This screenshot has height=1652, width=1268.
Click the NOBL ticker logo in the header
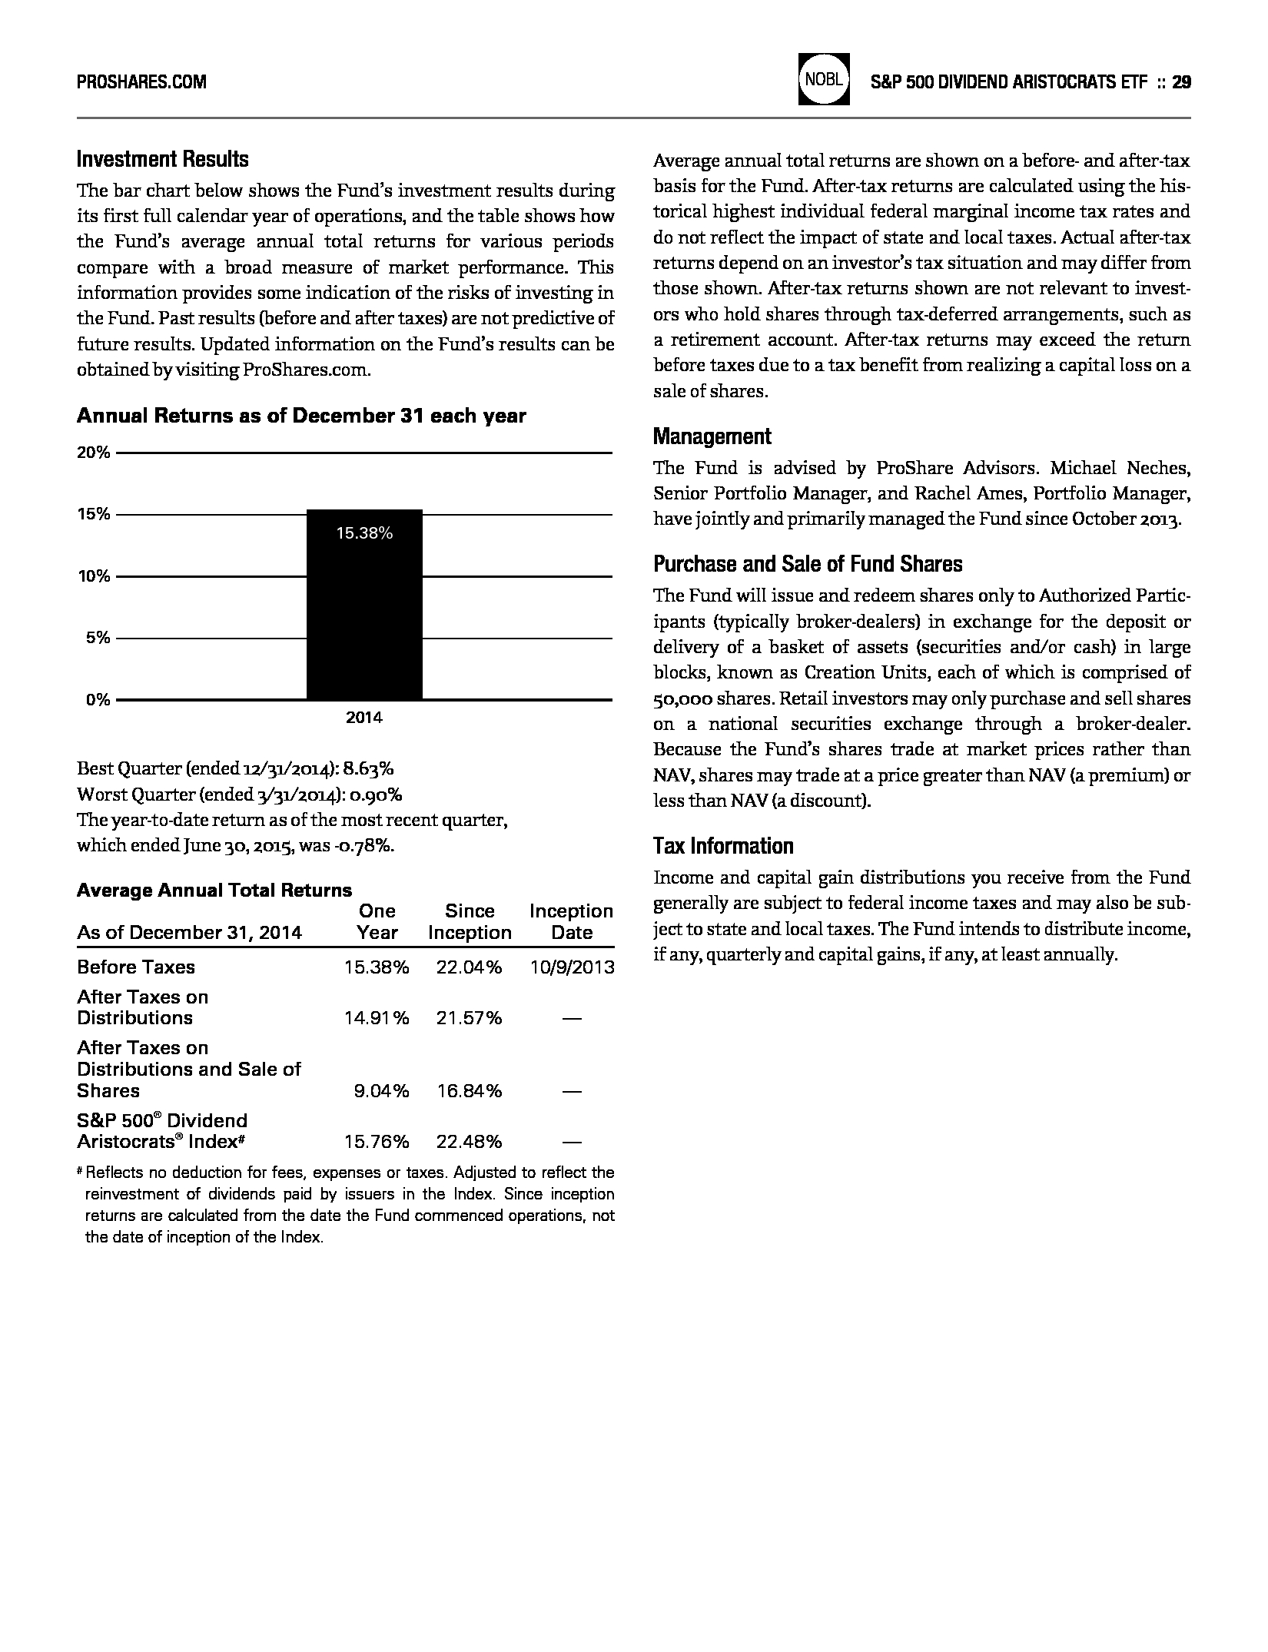coord(824,79)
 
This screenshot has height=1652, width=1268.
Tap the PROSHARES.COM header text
coord(141,81)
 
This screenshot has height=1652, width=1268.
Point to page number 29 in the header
coord(1182,82)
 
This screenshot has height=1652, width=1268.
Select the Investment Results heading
coord(163,160)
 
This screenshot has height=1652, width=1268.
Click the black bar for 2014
coord(364,615)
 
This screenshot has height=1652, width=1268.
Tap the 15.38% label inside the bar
coord(364,533)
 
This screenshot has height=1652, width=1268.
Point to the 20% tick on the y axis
coord(93,453)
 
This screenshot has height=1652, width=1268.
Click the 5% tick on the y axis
coord(98,638)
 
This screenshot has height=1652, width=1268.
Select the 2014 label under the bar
coord(364,718)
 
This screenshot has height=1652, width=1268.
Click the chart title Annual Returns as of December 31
coord(301,416)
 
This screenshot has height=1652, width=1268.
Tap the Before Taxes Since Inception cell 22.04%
coord(469,967)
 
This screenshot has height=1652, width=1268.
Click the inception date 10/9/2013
coord(572,967)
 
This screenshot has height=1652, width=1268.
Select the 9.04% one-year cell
coord(381,1091)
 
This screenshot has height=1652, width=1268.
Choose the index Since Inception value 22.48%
coord(469,1142)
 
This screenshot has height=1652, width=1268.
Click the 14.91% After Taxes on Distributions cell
coord(377,1018)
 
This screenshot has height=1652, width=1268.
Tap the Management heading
coord(712,436)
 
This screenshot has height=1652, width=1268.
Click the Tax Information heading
coord(723,846)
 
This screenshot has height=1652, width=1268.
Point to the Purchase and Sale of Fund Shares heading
coord(808,564)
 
